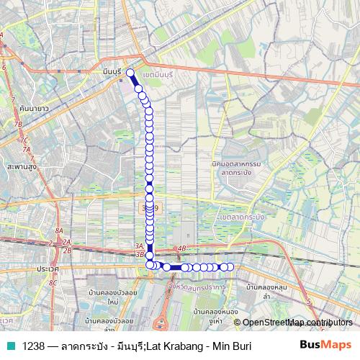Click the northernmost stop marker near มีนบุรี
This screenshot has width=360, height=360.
tap(130, 72)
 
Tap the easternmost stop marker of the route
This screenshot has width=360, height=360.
tap(230, 267)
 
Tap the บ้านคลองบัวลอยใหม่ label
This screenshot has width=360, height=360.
tap(112, 297)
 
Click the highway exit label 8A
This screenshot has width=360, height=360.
tap(58, 230)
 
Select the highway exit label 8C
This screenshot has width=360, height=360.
tap(53, 283)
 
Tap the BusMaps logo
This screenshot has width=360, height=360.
tap(325, 346)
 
